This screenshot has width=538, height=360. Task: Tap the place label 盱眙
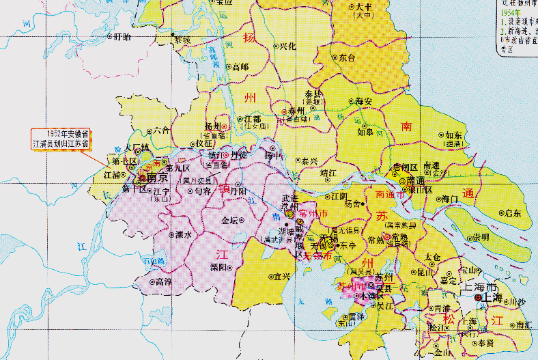click(x=122, y=36)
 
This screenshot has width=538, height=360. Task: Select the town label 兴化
click(x=287, y=46)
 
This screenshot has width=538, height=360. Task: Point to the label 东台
click(x=347, y=58)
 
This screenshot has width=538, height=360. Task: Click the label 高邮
click(x=240, y=67)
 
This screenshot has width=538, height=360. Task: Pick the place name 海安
click(x=363, y=101)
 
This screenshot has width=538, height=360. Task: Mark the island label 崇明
click(x=480, y=237)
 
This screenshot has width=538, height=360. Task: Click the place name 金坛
click(x=229, y=221)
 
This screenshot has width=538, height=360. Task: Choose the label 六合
click(x=162, y=129)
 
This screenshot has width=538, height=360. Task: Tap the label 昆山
click(x=426, y=272)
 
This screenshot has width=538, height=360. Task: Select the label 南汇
click(x=523, y=325)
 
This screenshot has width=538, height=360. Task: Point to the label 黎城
click(x=182, y=40)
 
